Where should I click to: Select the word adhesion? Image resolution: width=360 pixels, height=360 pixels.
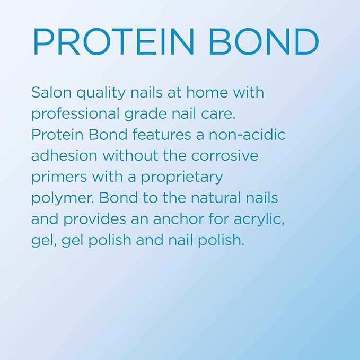click(65, 155)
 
